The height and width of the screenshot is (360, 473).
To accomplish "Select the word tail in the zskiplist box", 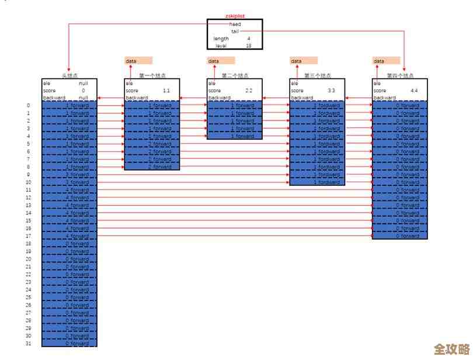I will [235, 32].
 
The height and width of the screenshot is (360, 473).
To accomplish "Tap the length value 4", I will [249, 39].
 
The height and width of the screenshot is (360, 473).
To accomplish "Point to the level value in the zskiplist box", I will [249, 46].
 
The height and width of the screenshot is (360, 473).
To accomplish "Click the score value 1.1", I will [166, 91].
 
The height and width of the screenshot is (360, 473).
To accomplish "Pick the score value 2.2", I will [249, 91].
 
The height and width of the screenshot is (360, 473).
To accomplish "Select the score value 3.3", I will [332, 91].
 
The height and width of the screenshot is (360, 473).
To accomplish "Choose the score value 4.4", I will [414, 91].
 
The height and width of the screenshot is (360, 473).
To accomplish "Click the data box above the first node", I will [138, 61].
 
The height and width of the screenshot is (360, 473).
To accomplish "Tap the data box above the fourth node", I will [387, 61].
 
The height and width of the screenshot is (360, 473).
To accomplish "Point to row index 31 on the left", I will [28, 343].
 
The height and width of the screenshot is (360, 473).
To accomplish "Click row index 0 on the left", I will [28, 106].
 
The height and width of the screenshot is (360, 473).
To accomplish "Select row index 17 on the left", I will [28, 236].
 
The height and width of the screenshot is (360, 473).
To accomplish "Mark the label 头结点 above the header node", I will [69, 76].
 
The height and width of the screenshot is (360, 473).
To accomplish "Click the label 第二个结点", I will [235, 76].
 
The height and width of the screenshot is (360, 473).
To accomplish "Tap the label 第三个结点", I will [317, 76].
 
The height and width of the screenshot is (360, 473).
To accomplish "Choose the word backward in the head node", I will [54, 98].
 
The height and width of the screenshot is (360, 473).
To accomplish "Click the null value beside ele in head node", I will [83, 83].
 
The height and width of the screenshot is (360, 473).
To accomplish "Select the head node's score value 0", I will [84, 91].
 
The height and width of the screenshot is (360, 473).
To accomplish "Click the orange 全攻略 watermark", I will [452, 349].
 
